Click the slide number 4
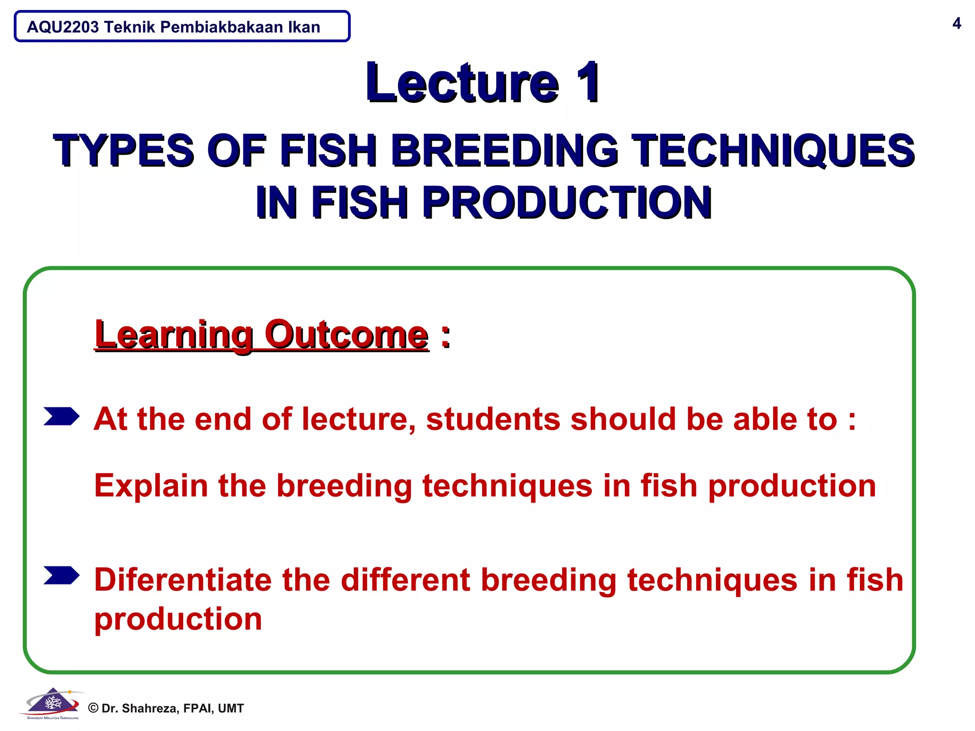(x=956, y=23)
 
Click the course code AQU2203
(x=63, y=27)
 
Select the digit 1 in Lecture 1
(x=588, y=83)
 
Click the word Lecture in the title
(x=462, y=84)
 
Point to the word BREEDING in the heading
(x=505, y=150)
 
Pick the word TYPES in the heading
(x=124, y=150)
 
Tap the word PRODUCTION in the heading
(x=567, y=203)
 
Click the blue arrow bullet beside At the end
(x=61, y=416)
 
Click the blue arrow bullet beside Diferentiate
(x=61, y=575)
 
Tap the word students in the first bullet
(x=493, y=419)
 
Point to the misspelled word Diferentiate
(x=183, y=580)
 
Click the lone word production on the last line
(x=178, y=620)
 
